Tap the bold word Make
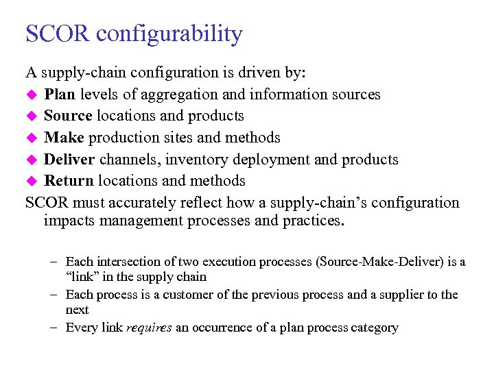[x=64, y=138]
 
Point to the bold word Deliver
[x=69, y=160]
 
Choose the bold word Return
[x=69, y=181]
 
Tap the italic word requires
[x=150, y=328]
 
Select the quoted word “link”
[x=82, y=277]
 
